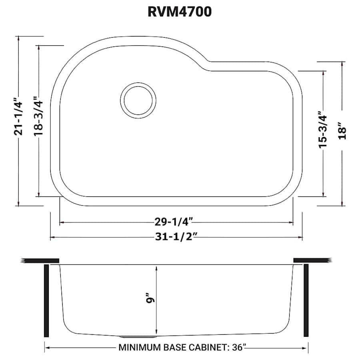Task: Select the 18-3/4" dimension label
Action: click(38, 116)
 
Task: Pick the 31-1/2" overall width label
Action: click(176, 237)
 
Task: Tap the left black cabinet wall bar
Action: click(46, 300)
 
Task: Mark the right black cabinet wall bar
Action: click(306, 300)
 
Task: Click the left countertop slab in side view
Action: click(40, 260)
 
